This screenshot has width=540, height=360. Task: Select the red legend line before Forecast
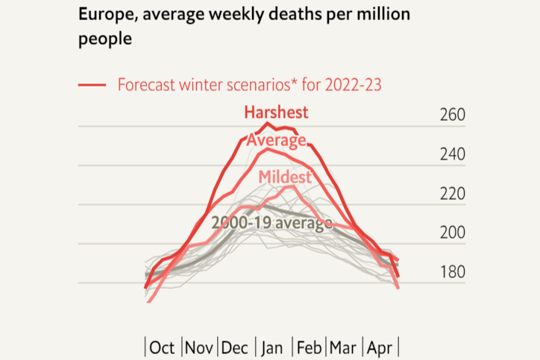(93, 85)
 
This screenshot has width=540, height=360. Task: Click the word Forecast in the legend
(148, 84)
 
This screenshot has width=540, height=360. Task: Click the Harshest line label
(276, 113)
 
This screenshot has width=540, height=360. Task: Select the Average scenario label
(276, 141)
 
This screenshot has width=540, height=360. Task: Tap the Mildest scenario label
(284, 177)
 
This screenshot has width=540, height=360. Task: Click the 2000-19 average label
(271, 222)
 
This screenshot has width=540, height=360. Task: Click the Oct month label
(162, 347)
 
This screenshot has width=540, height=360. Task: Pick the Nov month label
(199, 347)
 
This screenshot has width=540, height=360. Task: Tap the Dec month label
(236, 347)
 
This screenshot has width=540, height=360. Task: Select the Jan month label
(273, 347)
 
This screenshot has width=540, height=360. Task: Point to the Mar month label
(343, 347)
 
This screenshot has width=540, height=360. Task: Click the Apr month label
(380, 347)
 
